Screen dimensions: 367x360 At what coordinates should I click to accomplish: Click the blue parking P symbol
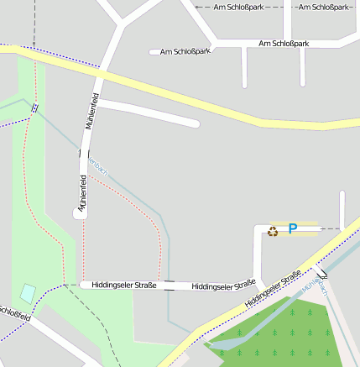click(293, 228)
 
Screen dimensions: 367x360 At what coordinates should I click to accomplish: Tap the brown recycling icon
click(273, 231)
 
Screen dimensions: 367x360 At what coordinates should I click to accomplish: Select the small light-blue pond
click(28, 294)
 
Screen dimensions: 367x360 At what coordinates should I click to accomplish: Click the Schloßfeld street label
click(14, 315)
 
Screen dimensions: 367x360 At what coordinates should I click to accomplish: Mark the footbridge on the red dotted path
click(34, 107)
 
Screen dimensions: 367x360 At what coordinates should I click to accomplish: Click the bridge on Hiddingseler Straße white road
click(170, 286)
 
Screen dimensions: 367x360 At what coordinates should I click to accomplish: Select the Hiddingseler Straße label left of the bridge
click(124, 286)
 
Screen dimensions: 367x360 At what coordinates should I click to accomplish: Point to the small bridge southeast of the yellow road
click(322, 271)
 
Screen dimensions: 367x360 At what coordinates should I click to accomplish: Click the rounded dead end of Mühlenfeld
click(81, 214)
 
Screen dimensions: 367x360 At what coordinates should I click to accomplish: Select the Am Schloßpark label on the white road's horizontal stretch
click(284, 43)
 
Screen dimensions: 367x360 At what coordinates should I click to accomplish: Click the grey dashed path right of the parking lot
click(331, 228)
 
